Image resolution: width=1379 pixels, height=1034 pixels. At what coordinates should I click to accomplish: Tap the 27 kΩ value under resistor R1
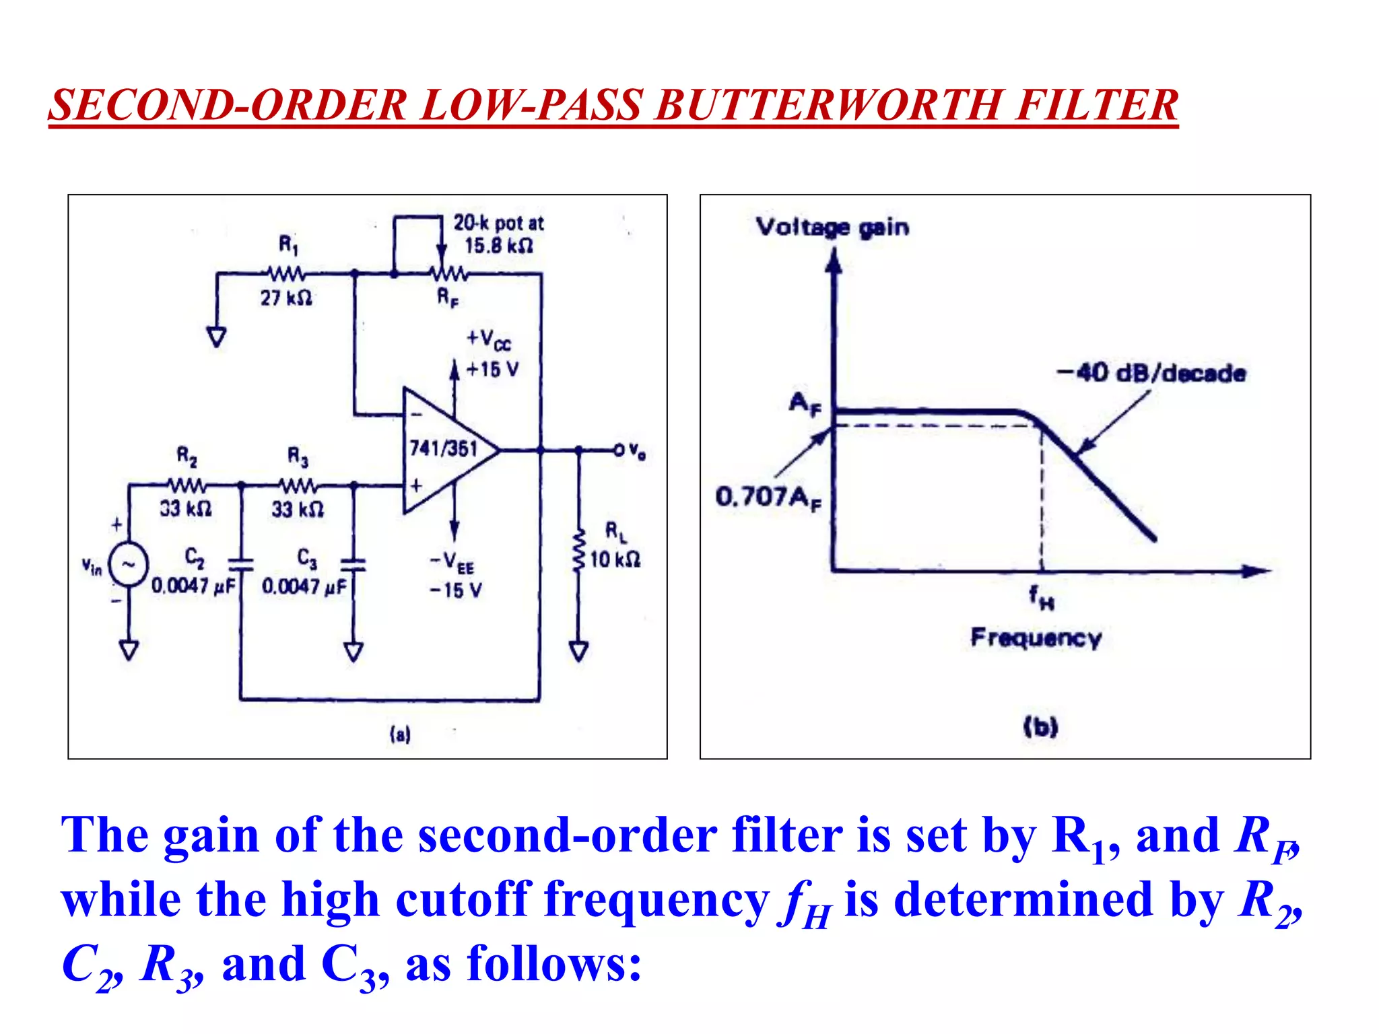[x=286, y=298]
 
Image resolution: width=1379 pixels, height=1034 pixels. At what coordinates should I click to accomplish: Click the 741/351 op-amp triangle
[x=444, y=450]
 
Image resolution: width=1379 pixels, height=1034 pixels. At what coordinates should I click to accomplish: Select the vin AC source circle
[x=128, y=564]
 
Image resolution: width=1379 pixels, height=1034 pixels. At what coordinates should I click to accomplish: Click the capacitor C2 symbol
[x=240, y=564]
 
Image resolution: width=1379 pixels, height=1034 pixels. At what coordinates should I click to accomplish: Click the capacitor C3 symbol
[x=353, y=564]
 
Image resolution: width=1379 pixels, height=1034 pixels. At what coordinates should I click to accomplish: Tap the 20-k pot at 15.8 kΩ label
[x=498, y=234]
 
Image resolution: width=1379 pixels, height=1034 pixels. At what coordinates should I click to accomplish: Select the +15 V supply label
[x=492, y=369]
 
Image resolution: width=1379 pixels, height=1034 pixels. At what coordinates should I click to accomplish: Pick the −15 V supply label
[x=456, y=590]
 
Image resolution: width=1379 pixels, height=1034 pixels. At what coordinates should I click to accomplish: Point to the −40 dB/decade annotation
[x=1151, y=373]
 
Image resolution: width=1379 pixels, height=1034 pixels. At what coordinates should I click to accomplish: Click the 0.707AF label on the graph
[x=768, y=498]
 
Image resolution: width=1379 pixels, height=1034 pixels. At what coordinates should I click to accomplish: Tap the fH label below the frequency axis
[x=1041, y=597]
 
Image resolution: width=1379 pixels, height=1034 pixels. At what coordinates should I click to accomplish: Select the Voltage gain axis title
[x=832, y=228]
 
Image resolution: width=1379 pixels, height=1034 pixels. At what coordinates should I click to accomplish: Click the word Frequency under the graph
[x=1036, y=637]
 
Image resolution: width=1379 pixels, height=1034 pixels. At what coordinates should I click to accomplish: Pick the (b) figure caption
[x=1040, y=726]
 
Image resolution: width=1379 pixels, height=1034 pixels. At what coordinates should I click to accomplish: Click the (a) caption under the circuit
[x=400, y=734]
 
